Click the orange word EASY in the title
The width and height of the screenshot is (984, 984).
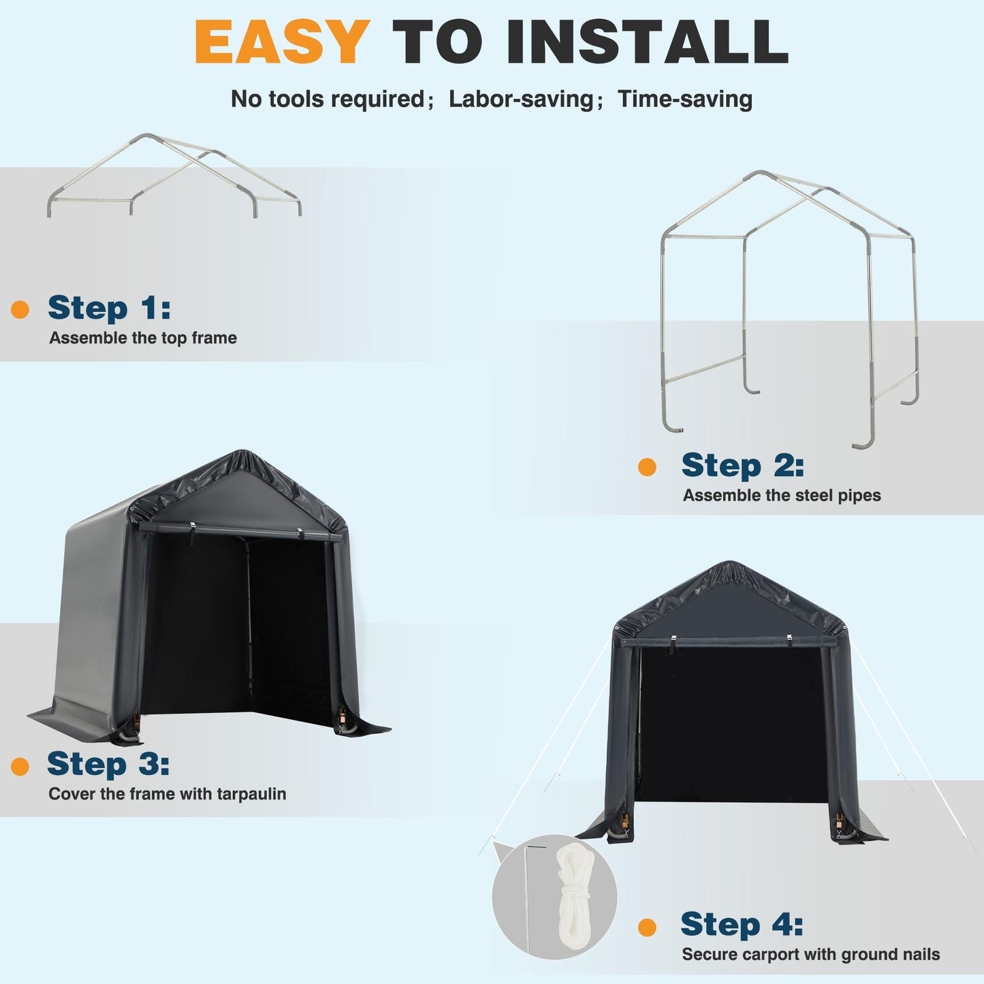pos(282,42)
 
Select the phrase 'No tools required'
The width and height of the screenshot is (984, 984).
pos(328,99)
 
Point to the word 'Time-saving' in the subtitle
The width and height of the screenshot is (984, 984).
pos(684,99)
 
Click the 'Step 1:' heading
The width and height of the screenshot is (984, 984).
pos(109,308)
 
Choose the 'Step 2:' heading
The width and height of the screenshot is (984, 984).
pos(742,466)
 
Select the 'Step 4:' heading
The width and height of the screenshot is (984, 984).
pos(742,925)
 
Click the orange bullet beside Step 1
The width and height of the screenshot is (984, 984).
pos(20,309)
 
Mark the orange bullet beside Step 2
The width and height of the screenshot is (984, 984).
pos(647,467)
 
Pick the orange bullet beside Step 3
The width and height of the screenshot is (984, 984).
pos(20,766)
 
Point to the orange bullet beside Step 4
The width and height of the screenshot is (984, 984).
pos(647,927)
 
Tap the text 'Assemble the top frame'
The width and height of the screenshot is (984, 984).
pos(143,338)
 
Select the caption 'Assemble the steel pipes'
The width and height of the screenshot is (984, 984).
pos(782,496)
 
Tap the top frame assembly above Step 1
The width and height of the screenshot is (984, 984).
pos(174,176)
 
